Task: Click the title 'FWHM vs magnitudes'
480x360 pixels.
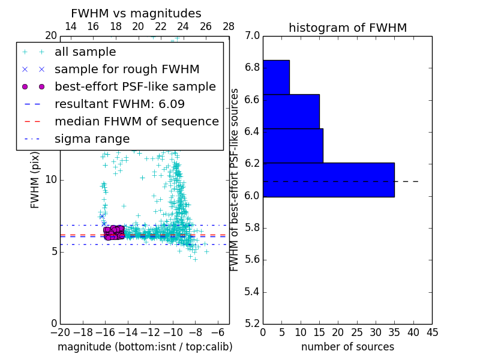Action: pos(136,13)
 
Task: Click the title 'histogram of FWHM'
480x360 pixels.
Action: pos(347,28)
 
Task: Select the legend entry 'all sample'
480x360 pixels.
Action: pos(85,52)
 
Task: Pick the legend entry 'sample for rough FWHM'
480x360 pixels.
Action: pos(127,69)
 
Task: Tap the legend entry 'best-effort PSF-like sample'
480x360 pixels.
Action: pos(135,86)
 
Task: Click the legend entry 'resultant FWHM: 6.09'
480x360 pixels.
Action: pos(119,104)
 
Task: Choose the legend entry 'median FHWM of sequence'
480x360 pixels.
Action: pos(136,121)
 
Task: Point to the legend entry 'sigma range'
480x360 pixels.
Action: pos(92,139)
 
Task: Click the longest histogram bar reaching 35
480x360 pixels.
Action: pos(328,179)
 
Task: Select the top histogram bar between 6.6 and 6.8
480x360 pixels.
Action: pos(276,77)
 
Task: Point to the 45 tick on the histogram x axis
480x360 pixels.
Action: pos(431,332)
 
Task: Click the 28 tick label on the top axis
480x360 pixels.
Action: pos(229,26)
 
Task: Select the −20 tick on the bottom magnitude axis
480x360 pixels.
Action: pos(59,332)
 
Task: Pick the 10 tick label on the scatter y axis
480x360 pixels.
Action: pos(51,179)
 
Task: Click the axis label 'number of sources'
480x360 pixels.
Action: pos(347,347)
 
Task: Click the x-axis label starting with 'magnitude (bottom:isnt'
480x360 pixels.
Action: pos(145,347)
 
